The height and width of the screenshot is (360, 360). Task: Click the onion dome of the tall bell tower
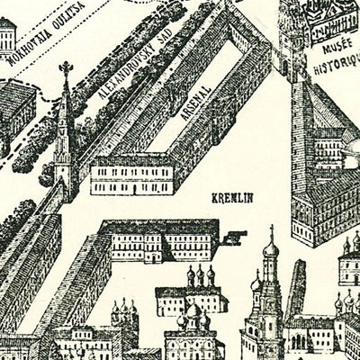pos(269,247)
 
